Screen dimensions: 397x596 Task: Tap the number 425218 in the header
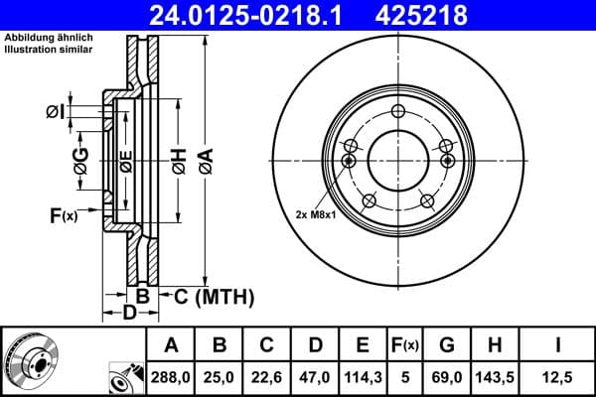445,15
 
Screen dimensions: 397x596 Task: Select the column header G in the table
447,346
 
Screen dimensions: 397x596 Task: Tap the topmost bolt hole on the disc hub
397,111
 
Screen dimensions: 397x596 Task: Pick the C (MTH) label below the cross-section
215,296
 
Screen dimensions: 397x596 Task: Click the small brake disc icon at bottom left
30,362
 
